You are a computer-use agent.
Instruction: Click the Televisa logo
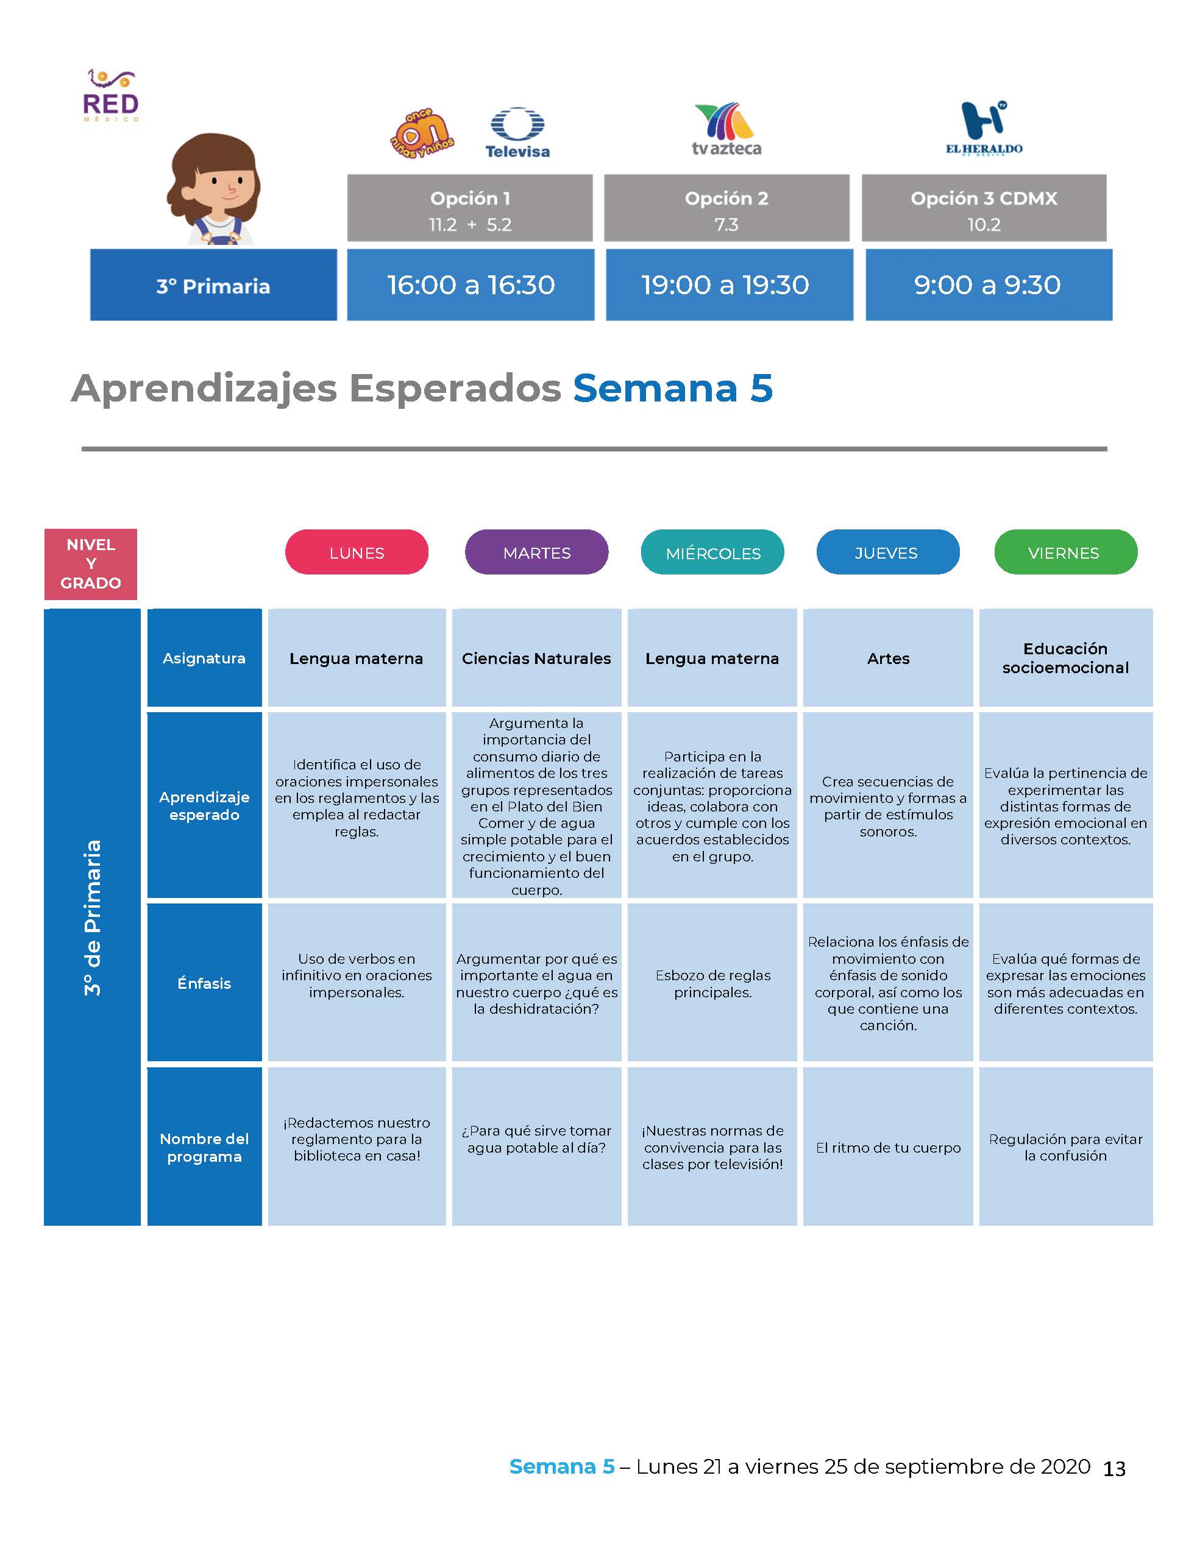tap(517, 133)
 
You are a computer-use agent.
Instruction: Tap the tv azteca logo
tap(726, 129)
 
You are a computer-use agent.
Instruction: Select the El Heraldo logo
tap(984, 127)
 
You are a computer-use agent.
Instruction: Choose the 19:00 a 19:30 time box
tap(729, 285)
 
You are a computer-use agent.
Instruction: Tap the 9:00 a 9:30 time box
tap(989, 285)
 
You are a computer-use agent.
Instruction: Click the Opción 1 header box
tap(469, 208)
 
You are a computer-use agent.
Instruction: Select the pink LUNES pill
tap(357, 552)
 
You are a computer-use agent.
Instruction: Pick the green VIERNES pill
tap(1066, 552)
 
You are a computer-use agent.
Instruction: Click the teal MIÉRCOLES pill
tap(712, 552)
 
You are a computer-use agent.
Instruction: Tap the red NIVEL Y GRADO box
tap(91, 564)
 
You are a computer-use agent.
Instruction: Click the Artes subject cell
tap(888, 658)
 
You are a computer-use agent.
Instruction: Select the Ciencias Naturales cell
tap(537, 658)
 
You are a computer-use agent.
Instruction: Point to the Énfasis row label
tap(204, 983)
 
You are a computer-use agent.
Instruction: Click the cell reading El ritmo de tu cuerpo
tap(888, 1148)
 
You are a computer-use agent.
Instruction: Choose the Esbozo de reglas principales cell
tap(712, 983)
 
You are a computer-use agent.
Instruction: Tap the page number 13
tap(1114, 1469)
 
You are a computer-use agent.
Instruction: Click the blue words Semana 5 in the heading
tap(672, 389)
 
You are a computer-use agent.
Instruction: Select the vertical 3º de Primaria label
tap(92, 918)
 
